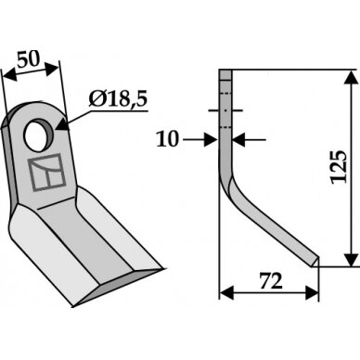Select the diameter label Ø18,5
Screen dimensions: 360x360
[x=118, y=99]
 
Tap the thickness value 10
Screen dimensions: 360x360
[x=168, y=139]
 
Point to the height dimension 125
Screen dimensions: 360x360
[x=340, y=167]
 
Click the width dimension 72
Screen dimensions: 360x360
[x=271, y=281]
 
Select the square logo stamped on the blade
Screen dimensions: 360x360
[x=47, y=172]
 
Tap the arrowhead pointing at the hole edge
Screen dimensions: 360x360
[x=62, y=125]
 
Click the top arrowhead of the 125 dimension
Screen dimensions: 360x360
[x=351, y=78]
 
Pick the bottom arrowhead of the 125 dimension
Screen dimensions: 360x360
[x=351, y=258]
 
